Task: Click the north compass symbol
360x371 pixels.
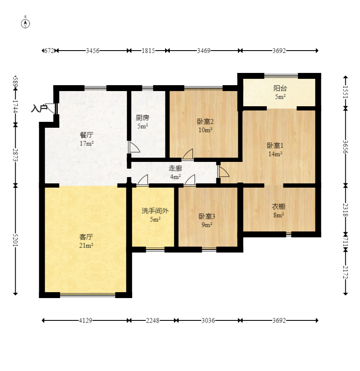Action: (x=25, y=24)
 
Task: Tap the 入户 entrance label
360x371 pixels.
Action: (x=39, y=109)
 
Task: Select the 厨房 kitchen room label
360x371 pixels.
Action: (x=143, y=118)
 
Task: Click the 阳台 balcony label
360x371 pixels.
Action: (x=280, y=88)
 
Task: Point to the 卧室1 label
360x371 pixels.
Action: (x=275, y=145)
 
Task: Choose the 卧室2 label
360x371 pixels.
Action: (x=205, y=121)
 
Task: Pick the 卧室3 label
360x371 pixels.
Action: (x=207, y=216)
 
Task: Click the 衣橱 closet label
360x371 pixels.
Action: (x=278, y=207)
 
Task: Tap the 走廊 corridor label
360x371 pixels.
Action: (x=175, y=168)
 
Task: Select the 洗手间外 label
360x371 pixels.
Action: (x=155, y=210)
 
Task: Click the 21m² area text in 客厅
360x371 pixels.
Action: (x=86, y=246)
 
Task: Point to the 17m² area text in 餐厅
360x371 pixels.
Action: (x=86, y=143)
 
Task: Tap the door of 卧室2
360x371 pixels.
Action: (x=188, y=154)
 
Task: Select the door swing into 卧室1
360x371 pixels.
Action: (x=224, y=171)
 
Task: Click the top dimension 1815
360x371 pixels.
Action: (x=148, y=51)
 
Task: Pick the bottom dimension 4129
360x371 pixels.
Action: (x=85, y=320)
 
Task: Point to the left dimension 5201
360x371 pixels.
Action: (x=15, y=240)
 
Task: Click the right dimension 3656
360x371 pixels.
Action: (x=345, y=147)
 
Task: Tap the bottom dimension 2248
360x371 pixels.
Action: (x=152, y=320)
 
